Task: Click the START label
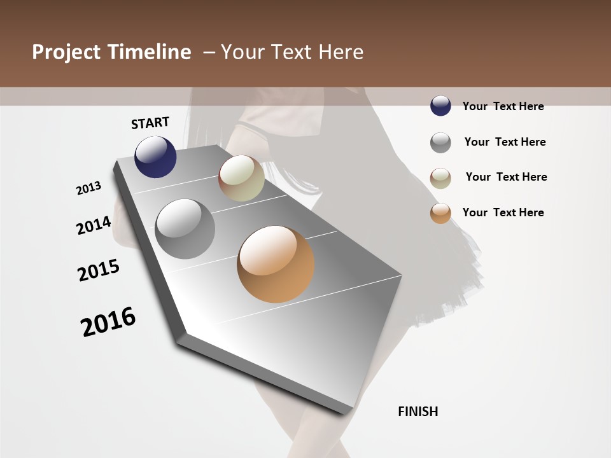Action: [x=150, y=123]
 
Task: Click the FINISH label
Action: [x=418, y=412]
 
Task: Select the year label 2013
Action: [x=89, y=188]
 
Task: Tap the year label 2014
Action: [x=94, y=226]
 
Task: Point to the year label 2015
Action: [x=99, y=270]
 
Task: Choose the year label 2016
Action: [x=108, y=322]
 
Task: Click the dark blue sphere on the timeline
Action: [x=155, y=156]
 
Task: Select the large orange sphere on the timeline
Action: [x=276, y=264]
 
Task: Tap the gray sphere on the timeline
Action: [x=185, y=229]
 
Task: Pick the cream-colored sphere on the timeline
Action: [x=241, y=178]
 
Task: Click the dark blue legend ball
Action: [x=440, y=106]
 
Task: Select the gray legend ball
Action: [x=440, y=142]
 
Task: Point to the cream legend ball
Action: [x=440, y=178]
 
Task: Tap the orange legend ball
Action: [x=440, y=214]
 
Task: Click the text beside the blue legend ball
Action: [x=503, y=106]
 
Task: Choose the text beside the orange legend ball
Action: [x=503, y=212]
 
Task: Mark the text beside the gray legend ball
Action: [x=505, y=142]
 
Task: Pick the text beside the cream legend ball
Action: [x=506, y=177]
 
